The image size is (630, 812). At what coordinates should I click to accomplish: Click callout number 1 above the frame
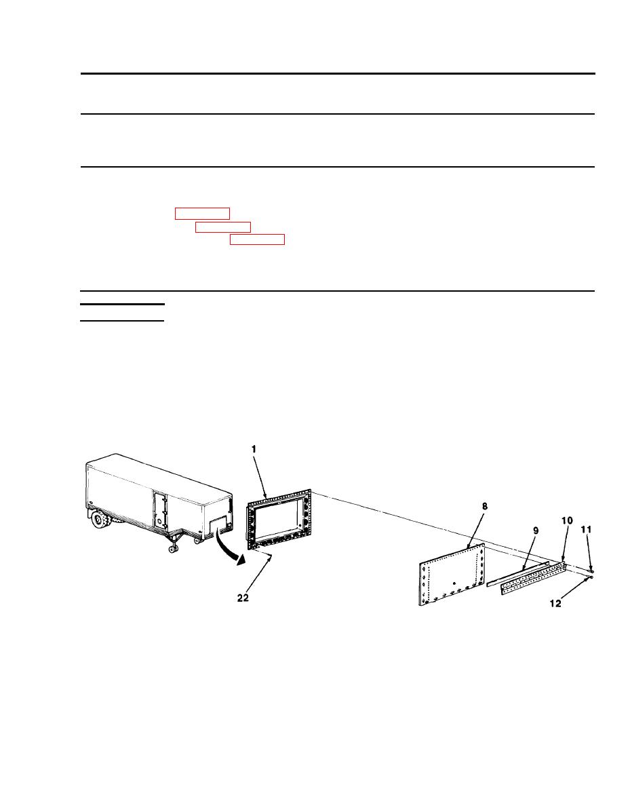[x=254, y=450]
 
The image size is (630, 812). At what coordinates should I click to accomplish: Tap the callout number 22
[x=243, y=598]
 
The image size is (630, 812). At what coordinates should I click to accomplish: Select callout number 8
[x=484, y=506]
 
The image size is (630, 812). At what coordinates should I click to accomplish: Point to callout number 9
[x=536, y=530]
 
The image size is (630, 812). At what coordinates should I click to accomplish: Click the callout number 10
[x=568, y=520]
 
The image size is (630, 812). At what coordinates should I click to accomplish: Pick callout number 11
[x=586, y=529]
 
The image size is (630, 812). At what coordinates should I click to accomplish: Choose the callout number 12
[x=555, y=603]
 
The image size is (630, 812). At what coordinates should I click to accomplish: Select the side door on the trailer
[x=161, y=510]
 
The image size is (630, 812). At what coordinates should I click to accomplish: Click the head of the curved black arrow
[x=240, y=560]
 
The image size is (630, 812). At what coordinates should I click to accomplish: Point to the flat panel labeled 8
[x=452, y=574]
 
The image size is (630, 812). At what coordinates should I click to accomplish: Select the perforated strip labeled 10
[x=532, y=578]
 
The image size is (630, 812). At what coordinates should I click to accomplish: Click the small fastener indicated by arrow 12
[x=589, y=577]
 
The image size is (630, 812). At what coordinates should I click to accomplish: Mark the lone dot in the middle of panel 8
[x=454, y=583]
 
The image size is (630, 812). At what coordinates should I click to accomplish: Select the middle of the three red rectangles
[x=223, y=227]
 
